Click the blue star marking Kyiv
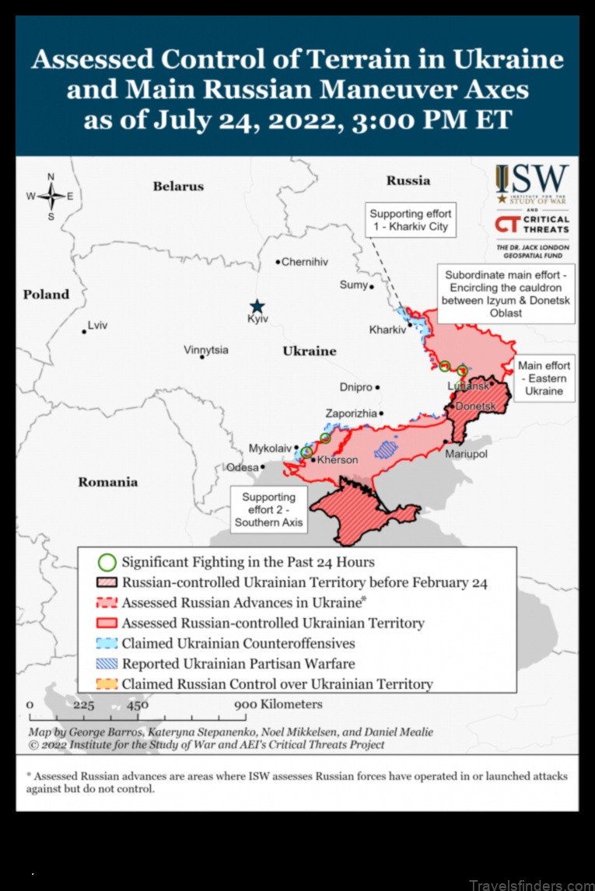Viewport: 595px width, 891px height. pyautogui.click(x=257, y=306)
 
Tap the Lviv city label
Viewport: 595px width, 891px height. pyautogui.click(x=98, y=325)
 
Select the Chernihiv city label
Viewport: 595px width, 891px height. pyautogui.click(x=304, y=262)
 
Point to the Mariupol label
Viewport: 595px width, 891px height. pyautogui.click(x=466, y=453)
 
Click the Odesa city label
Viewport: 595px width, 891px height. pyautogui.click(x=241, y=467)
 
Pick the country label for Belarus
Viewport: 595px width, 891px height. pyautogui.click(x=178, y=186)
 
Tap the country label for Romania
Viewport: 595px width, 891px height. pyautogui.click(x=107, y=482)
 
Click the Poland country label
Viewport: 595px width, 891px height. pyautogui.click(x=46, y=294)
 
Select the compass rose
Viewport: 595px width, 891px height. pyautogui.click(x=51, y=196)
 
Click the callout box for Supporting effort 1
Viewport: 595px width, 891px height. pyautogui.click(x=410, y=220)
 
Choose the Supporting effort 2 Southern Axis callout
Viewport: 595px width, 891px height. pyautogui.click(x=268, y=509)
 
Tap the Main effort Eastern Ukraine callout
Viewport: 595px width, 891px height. pyautogui.click(x=544, y=378)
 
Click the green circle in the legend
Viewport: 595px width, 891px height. pyautogui.click(x=108, y=562)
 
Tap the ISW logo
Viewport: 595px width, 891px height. pyautogui.click(x=532, y=184)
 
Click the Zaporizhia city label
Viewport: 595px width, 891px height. pyautogui.click(x=351, y=414)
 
